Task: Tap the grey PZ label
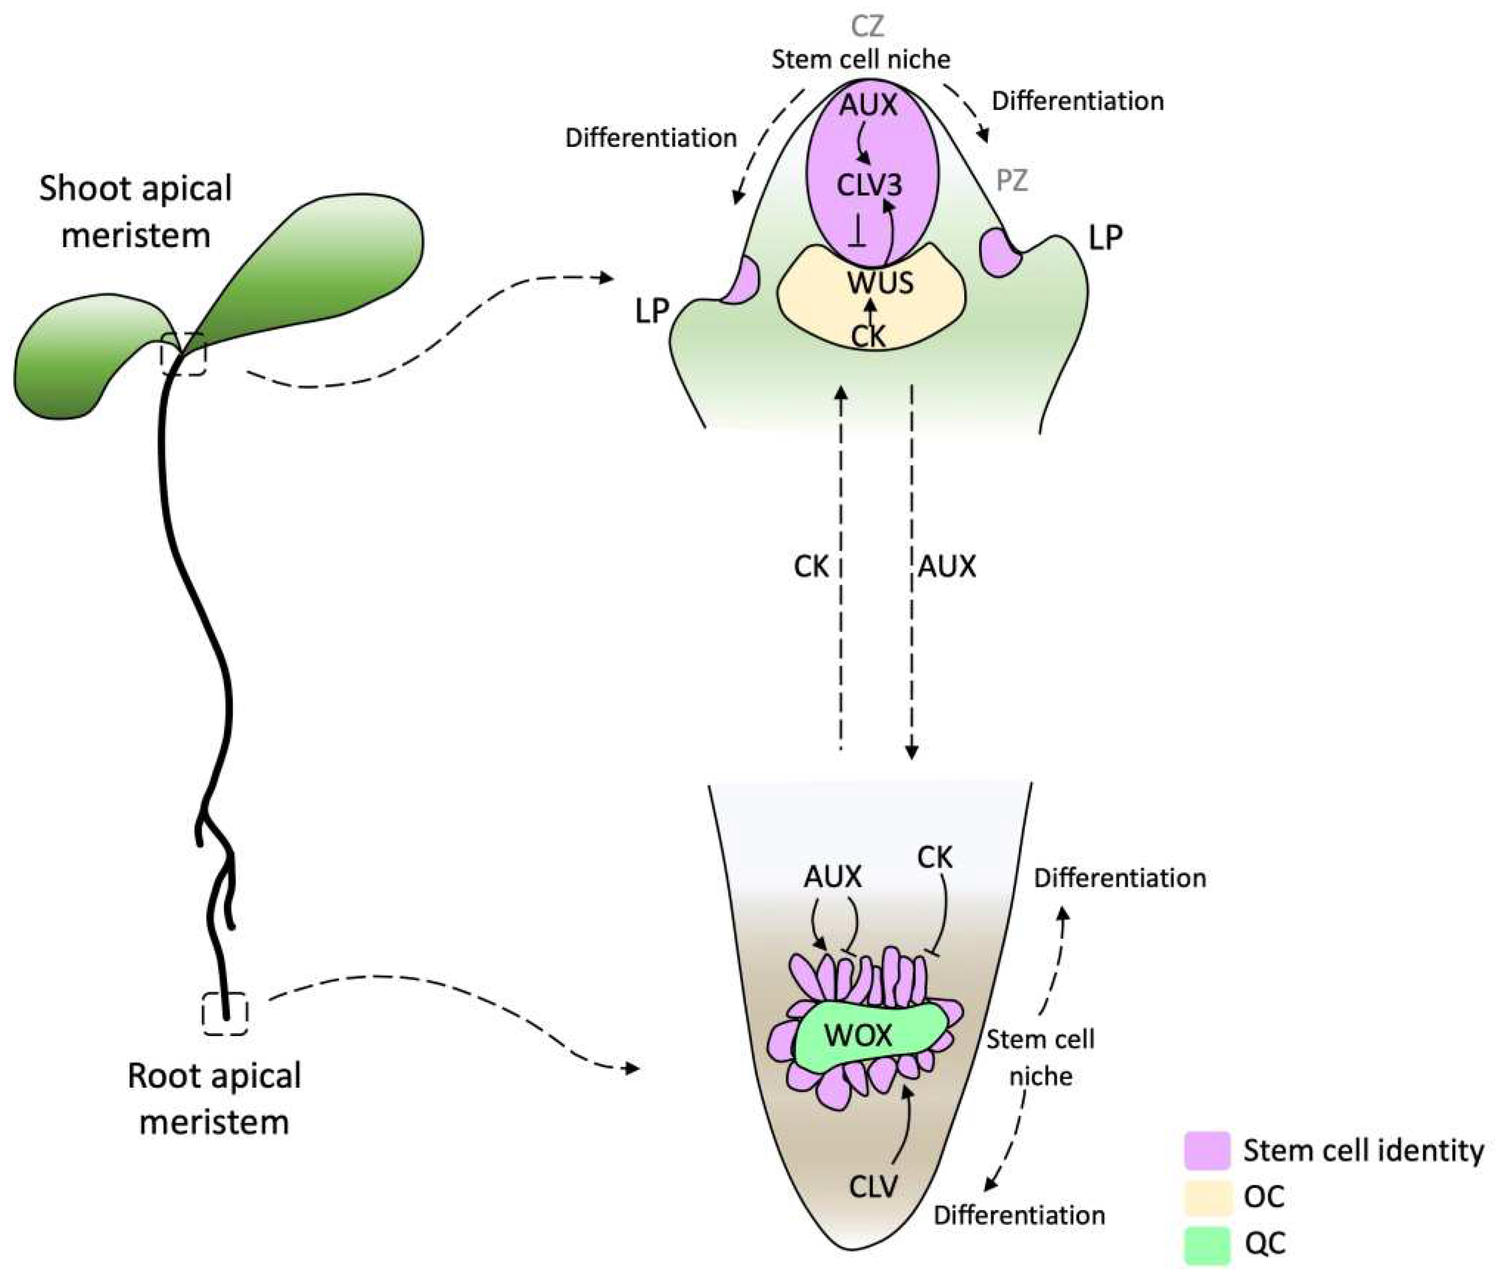tap(1011, 180)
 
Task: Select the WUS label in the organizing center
tap(880, 283)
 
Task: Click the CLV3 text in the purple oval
tap(870, 186)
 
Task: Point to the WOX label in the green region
tap(859, 1036)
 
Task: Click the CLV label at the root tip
tap(873, 1187)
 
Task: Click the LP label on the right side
tap(1105, 237)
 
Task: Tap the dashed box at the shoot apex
tap(184, 354)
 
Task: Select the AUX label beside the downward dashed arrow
tap(947, 567)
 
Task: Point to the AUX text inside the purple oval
tap(868, 106)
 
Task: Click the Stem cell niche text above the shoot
tap(861, 59)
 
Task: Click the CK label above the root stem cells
tap(935, 857)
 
